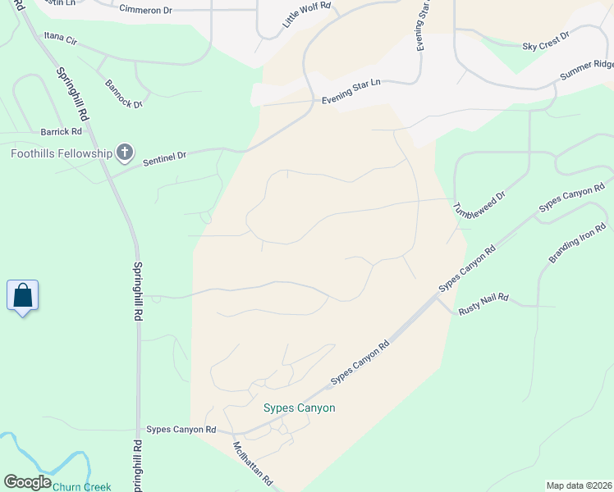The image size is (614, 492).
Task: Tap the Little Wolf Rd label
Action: [x=306, y=16]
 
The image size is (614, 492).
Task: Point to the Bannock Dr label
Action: [x=124, y=93]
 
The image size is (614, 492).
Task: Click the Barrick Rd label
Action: [x=62, y=131]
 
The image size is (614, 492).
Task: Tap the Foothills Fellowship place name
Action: [x=62, y=153]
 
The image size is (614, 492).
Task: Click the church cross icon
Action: [x=124, y=153]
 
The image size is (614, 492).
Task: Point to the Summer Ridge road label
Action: [x=586, y=70]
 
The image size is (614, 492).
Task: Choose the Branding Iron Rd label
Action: [x=577, y=244]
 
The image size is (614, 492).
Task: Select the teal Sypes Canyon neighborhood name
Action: [x=299, y=408]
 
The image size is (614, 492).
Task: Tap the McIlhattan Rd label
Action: [x=253, y=465]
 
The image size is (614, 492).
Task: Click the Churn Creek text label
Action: [x=81, y=486]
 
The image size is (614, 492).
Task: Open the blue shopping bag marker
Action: [x=23, y=295]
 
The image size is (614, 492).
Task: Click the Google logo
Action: [x=26, y=482]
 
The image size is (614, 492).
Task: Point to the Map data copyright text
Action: [x=578, y=485]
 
